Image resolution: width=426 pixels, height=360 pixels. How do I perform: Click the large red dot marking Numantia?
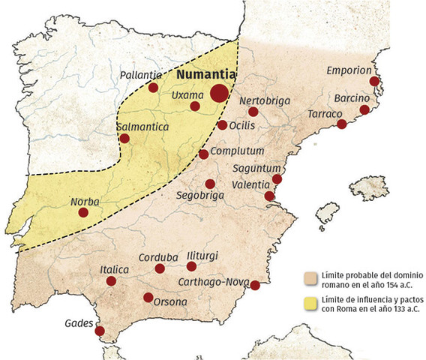219,93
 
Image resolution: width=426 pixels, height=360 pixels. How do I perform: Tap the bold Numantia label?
206,75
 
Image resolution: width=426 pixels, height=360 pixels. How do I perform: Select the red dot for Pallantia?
153,88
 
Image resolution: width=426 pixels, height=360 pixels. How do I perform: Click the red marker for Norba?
83,213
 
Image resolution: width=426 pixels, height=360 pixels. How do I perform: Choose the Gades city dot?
100,331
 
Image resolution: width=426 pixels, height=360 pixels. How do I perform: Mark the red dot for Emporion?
375,81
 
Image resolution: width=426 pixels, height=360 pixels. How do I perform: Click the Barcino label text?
352,99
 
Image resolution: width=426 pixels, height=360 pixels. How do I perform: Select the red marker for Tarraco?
342,124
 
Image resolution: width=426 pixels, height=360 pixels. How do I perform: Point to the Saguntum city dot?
277,178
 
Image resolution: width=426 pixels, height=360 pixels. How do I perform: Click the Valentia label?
251,184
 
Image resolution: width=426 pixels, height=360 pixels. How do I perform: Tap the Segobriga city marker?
210,184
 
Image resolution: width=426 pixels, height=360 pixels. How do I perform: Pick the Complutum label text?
238,151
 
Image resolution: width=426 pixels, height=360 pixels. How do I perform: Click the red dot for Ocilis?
222,125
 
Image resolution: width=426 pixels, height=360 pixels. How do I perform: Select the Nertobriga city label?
264,100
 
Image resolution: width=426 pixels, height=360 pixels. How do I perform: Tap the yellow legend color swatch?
308,303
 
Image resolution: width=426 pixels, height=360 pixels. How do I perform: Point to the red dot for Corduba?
160,268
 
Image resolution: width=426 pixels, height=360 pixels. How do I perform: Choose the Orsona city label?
169,301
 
